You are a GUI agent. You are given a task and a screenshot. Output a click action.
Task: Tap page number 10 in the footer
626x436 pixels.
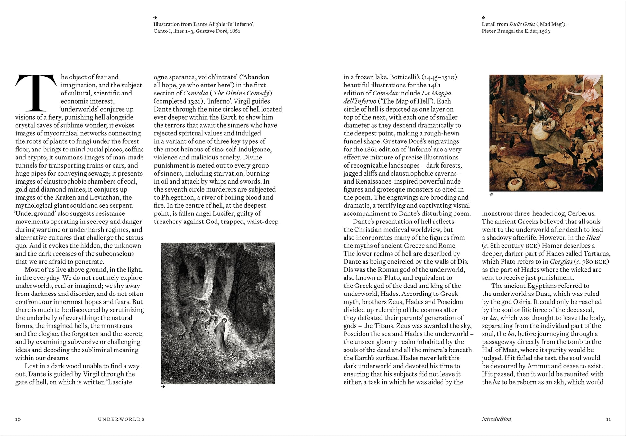pos(18,419)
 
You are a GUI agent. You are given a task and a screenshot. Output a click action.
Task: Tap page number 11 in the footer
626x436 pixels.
pos(608,419)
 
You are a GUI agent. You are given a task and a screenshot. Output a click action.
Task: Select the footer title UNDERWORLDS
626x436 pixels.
pos(121,419)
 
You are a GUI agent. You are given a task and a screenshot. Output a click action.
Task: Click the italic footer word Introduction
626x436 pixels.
pos(496,419)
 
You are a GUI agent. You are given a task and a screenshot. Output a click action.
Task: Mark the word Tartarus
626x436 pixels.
pos(596,254)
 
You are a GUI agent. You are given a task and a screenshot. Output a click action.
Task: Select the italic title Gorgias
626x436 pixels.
pos(561,262)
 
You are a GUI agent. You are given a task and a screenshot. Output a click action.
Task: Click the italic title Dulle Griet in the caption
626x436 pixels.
pos(522,24)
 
